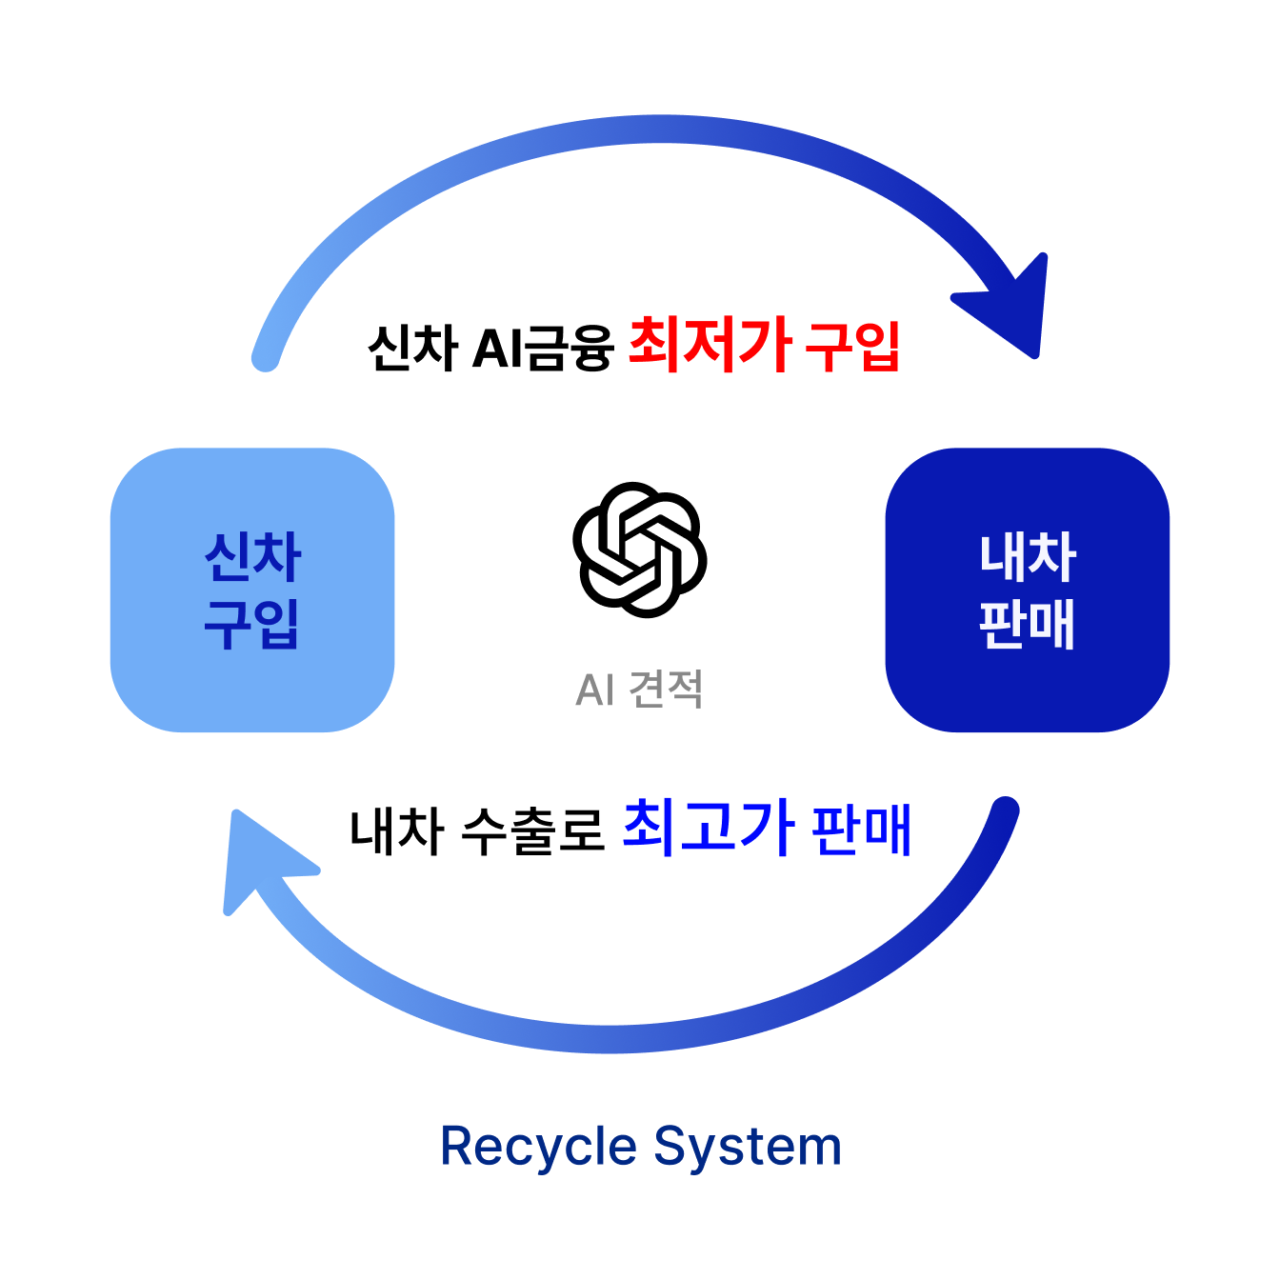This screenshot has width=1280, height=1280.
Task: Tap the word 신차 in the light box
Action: click(252, 557)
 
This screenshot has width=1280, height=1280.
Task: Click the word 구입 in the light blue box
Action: click(252, 624)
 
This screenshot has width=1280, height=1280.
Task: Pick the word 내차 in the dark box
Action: click(1028, 557)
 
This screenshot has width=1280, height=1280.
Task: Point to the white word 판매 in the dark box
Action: click(1028, 624)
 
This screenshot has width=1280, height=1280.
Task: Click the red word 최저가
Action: click(710, 345)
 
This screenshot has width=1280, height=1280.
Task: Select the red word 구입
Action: click(852, 347)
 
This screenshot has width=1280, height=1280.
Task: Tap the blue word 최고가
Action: click(707, 827)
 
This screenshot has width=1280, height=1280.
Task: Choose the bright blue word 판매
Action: click(862, 830)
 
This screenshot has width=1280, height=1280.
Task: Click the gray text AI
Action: click(594, 690)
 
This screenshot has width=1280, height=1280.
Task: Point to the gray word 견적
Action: click(666, 690)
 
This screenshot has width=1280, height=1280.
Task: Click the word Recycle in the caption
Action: click(538, 1147)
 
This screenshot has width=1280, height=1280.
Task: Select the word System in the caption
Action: click(748, 1147)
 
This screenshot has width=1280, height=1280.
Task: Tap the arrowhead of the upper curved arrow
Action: click(1014, 305)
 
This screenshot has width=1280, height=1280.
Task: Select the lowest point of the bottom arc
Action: click(610, 1039)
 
